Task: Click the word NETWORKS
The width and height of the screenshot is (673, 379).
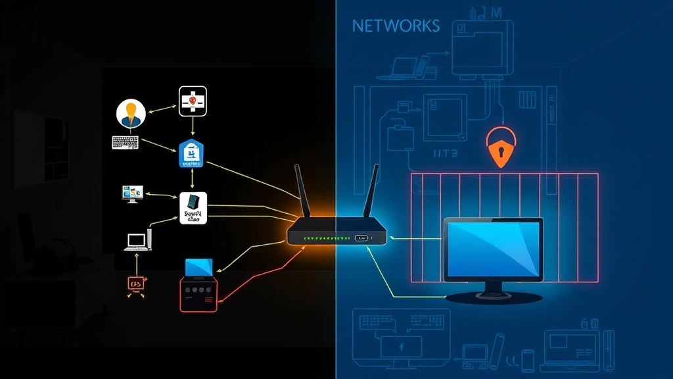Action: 396,26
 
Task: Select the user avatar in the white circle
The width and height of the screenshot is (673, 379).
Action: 130,114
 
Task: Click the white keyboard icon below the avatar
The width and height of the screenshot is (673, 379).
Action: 126,142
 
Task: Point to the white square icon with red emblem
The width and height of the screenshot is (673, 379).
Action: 193,100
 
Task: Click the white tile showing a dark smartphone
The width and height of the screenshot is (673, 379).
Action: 193,208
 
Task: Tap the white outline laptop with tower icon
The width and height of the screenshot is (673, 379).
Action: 139,240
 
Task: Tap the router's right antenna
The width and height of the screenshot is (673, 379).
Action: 371,191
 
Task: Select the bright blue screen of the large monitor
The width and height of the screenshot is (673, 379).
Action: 493,248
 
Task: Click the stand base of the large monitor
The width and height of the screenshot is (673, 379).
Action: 494,297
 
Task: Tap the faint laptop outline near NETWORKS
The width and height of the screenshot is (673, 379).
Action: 405,67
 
